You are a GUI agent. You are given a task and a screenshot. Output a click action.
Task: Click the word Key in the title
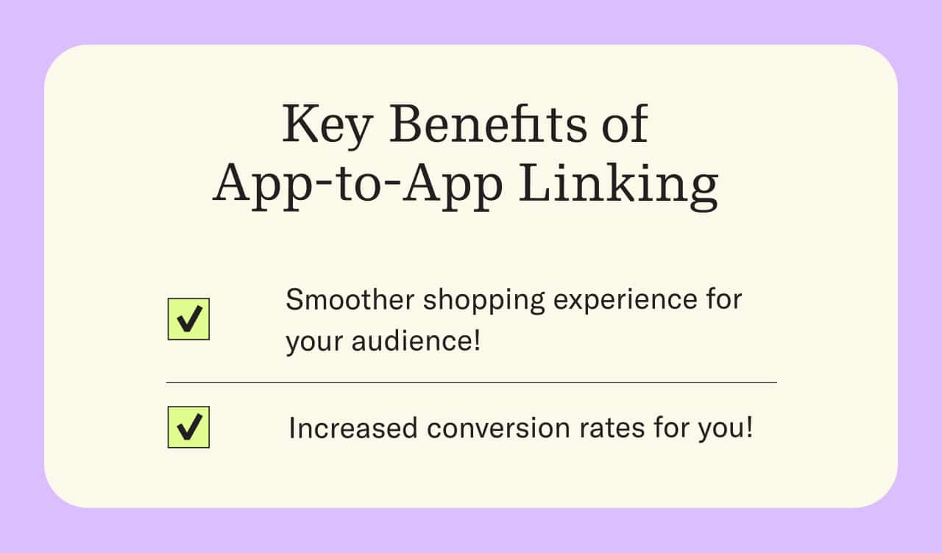[x=327, y=126]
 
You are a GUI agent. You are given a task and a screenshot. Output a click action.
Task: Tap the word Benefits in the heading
[x=488, y=124]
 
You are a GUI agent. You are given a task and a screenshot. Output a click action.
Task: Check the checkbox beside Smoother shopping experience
[x=188, y=319]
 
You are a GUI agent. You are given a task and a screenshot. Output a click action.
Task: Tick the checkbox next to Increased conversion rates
[x=188, y=427]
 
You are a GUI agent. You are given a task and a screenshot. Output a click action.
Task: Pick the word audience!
[x=416, y=340]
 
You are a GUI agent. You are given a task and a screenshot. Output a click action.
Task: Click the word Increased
[x=353, y=428]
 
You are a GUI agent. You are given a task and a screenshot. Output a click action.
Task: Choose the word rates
[x=612, y=429]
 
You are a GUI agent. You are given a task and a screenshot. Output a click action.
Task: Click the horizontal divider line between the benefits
[x=472, y=383]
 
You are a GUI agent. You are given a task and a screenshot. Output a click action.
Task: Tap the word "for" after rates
[x=671, y=428]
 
